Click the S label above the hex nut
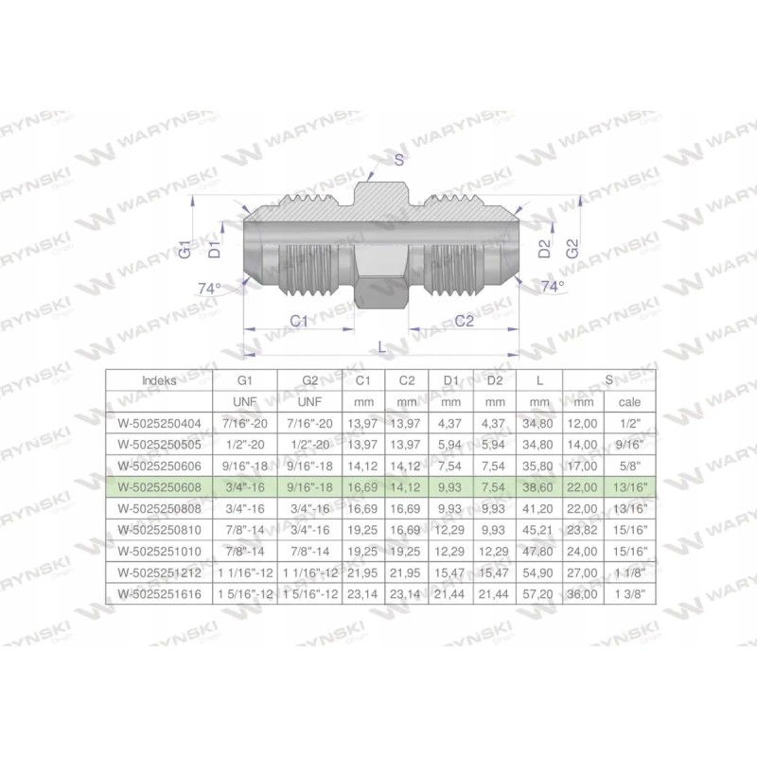point(399,160)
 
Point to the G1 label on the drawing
point(186,250)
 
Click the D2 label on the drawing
point(544,250)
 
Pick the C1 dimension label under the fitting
point(299,322)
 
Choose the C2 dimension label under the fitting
point(464,322)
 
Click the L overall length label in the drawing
point(382,347)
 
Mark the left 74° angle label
point(208,288)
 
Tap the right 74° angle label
point(552,285)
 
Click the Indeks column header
point(158,379)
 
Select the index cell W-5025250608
point(158,486)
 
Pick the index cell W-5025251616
point(158,593)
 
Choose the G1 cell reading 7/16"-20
point(245,422)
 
